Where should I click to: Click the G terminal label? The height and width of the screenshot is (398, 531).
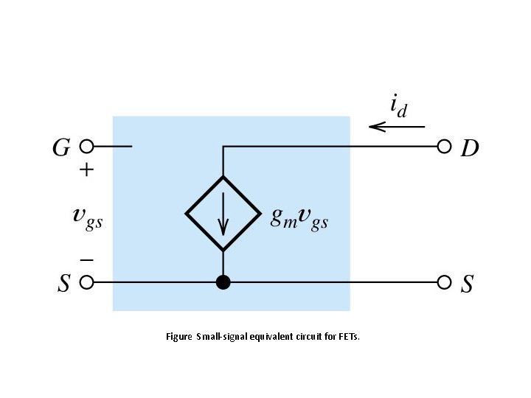tap(61, 148)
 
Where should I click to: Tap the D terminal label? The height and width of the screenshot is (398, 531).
tap(470, 149)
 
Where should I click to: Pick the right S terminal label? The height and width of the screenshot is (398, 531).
tap(467, 284)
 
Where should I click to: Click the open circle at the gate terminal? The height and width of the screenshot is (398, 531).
tap(86, 146)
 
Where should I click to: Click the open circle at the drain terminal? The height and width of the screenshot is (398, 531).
tap(444, 146)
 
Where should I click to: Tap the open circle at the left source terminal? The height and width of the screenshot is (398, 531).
tap(86, 282)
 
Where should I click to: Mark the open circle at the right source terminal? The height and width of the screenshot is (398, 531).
tap(444, 282)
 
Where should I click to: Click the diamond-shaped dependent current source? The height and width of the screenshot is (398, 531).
tap(223, 214)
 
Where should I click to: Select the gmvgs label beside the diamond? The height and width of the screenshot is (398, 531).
tap(299, 217)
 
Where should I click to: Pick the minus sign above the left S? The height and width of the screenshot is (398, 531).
tap(86, 259)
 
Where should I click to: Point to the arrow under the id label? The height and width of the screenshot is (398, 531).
tap(396, 127)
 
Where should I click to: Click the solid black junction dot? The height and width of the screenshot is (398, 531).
tap(223, 282)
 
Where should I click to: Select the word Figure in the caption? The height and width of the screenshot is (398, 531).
tap(179, 337)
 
